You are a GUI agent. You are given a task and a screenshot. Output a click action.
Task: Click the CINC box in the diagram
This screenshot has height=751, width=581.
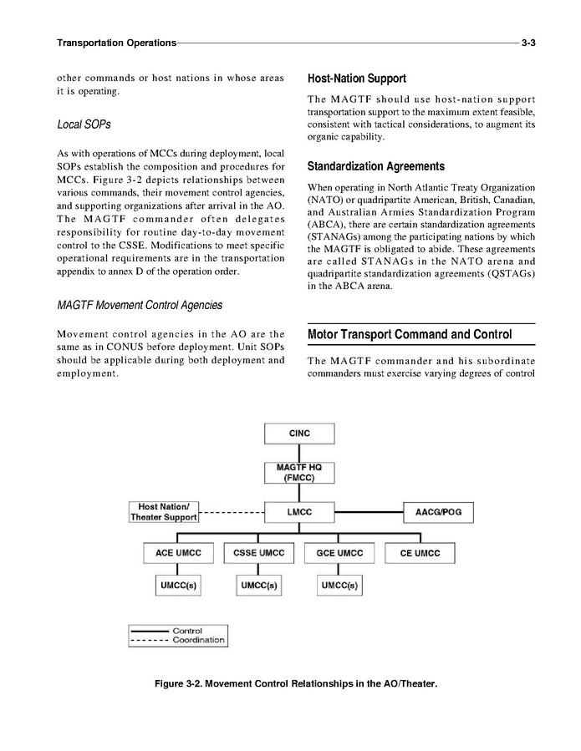[299, 434]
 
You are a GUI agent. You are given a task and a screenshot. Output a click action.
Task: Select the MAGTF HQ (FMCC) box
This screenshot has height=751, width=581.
[299, 472]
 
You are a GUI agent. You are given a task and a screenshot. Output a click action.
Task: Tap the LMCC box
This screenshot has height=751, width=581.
[299, 510]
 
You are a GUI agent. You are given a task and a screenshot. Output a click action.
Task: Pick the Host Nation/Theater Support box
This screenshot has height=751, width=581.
[164, 511]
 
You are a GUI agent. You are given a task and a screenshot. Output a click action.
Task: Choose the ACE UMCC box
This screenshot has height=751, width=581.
[176, 553]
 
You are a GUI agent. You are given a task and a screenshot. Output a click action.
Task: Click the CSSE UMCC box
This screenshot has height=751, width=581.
[257, 553]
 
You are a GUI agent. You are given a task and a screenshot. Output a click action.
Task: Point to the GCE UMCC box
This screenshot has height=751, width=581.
[339, 553]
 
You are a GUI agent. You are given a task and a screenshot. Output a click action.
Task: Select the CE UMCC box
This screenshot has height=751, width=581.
[420, 553]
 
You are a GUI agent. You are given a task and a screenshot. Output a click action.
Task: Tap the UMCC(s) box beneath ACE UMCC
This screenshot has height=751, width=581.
[176, 586]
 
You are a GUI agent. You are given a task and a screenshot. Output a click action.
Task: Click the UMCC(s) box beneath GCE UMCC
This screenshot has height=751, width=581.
[339, 586]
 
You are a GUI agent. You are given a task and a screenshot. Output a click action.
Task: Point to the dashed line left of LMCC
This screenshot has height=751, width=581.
[232, 511]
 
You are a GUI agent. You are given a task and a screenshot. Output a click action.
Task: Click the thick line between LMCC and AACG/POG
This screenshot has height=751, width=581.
[369, 510]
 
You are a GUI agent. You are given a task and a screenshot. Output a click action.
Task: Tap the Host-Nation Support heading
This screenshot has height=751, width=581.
[357, 79]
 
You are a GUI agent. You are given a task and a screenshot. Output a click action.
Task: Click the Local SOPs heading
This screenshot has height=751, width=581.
[84, 124]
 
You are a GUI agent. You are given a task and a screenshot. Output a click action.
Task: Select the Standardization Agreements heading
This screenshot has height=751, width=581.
[376, 165]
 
